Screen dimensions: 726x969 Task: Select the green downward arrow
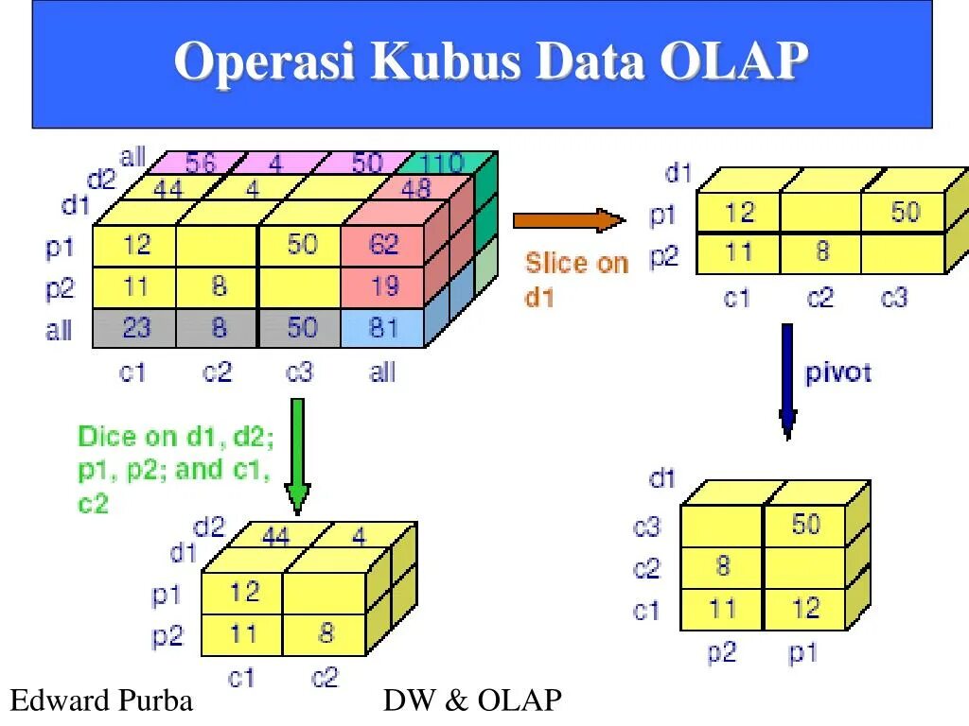(297, 455)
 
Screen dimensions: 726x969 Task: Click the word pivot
(837, 372)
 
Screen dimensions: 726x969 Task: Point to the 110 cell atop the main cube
(441, 163)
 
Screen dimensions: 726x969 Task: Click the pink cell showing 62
(383, 246)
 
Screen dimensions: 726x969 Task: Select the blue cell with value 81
(383, 328)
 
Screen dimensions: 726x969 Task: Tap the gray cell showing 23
(136, 328)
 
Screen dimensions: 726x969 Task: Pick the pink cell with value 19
(383, 286)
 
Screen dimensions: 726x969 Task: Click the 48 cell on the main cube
(415, 189)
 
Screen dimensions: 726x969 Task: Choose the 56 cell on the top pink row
(200, 164)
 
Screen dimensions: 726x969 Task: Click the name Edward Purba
(101, 700)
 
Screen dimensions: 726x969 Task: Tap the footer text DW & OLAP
(472, 700)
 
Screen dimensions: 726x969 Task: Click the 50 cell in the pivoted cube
(805, 524)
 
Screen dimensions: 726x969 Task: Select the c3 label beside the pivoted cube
(646, 527)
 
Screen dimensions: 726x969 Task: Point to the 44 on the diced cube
(275, 537)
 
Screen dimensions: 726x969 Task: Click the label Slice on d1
(575, 280)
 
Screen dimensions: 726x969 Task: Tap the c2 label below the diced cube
(325, 678)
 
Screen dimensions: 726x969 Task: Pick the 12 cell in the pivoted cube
(805, 608)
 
